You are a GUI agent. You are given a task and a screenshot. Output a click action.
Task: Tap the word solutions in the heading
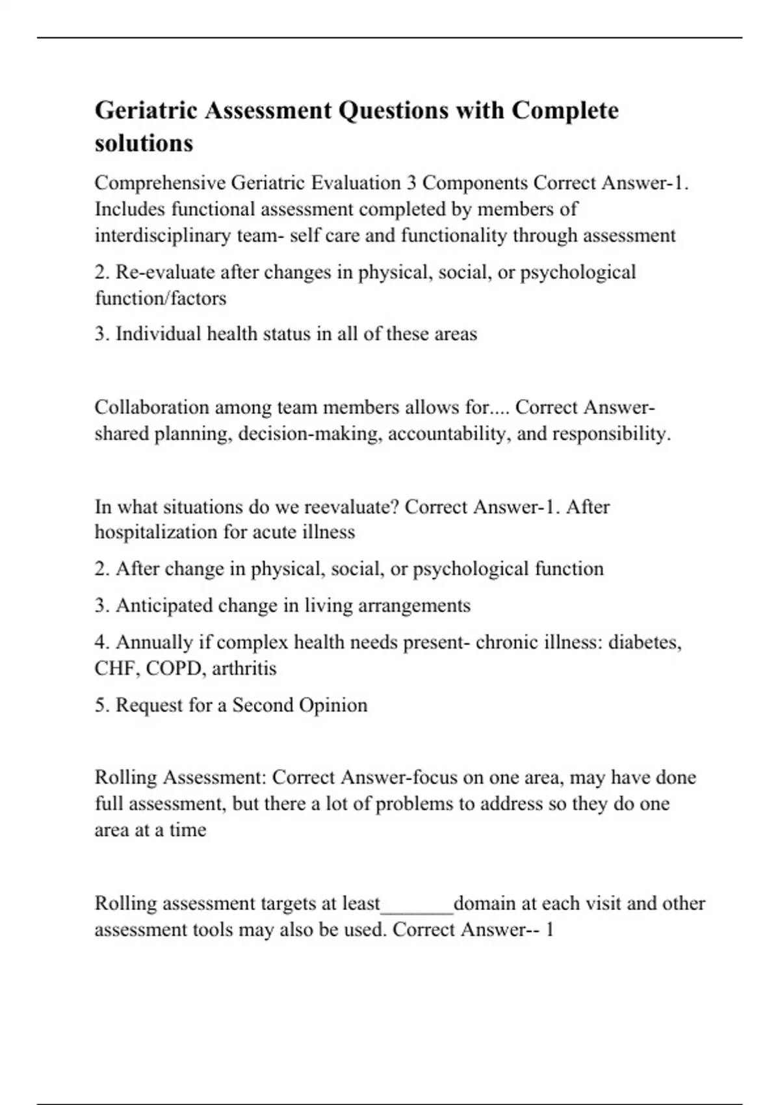[x=144, y=143]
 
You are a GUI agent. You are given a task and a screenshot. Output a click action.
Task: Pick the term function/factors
[x=161, y=298]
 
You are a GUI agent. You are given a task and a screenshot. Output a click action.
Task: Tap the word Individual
[x=158, y=334]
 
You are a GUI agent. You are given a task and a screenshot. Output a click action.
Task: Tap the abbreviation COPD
[x=174, y=668]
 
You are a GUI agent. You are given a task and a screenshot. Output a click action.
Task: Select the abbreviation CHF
[x=115, y=668]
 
